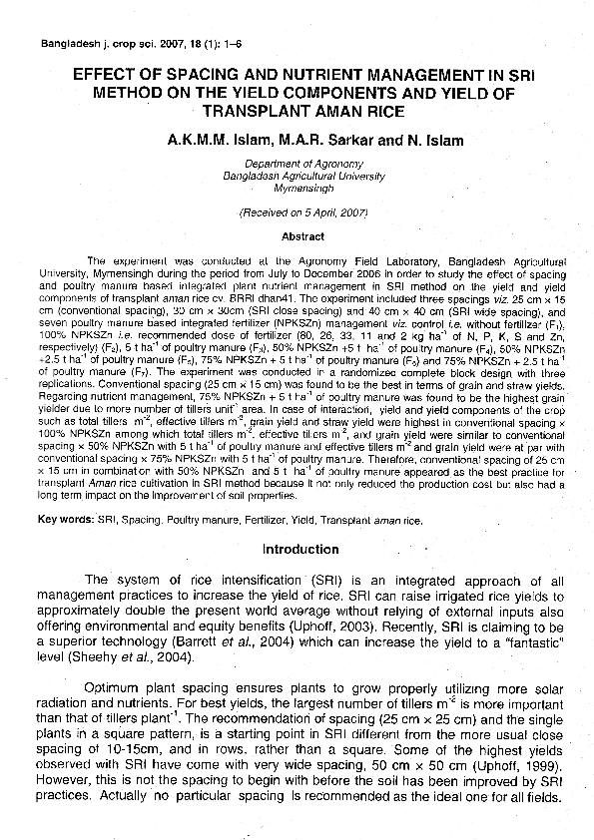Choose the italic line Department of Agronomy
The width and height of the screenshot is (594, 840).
297,163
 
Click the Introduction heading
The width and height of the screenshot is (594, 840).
300,550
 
